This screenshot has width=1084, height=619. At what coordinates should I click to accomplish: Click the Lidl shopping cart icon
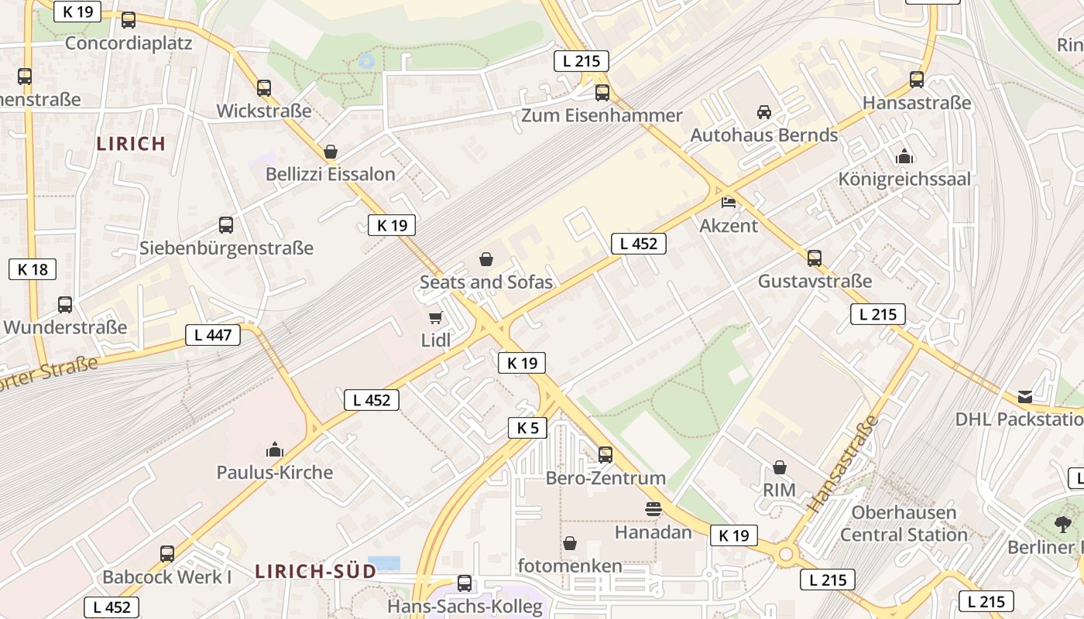click(x=436, y=317)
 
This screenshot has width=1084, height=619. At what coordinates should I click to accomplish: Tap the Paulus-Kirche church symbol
click(x=275, y=450)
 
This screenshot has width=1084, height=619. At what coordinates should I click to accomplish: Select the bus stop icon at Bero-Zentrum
click(x=605, y=455)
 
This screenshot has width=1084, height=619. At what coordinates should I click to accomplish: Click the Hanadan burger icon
click(x=653, y=509)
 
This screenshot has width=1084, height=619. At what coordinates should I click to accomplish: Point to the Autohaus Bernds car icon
click(x=764, y=112)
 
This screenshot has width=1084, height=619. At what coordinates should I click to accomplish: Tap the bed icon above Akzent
click(x=729, y=203)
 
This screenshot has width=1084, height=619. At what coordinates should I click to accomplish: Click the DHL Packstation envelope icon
click(x=1025, y=397)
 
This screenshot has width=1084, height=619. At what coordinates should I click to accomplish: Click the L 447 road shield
click(x=213, y=335)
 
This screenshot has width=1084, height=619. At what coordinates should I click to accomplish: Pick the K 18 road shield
click(x=33, y=269)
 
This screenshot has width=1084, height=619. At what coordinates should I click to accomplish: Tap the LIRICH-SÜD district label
click(x=316, y=572)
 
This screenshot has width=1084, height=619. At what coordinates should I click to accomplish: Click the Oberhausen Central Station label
click(x=904, y=524)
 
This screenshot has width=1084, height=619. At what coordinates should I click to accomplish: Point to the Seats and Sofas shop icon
click(x=486, y=259)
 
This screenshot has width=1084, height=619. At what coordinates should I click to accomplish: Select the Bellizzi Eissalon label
click(x=331, y=174)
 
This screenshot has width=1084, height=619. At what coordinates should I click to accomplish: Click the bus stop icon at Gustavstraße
click(x=815, y=258)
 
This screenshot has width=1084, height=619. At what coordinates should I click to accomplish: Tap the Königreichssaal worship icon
click(x=904, y=157)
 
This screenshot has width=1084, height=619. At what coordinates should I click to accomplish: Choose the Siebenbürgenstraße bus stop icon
click(x=226, y=225)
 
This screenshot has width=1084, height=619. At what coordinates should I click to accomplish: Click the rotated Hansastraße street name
click(x=843, y=464)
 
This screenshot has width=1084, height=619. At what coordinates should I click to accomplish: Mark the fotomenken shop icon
click(x=570, y=543)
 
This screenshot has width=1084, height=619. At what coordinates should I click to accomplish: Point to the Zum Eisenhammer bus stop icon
click(x=602, y=94)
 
